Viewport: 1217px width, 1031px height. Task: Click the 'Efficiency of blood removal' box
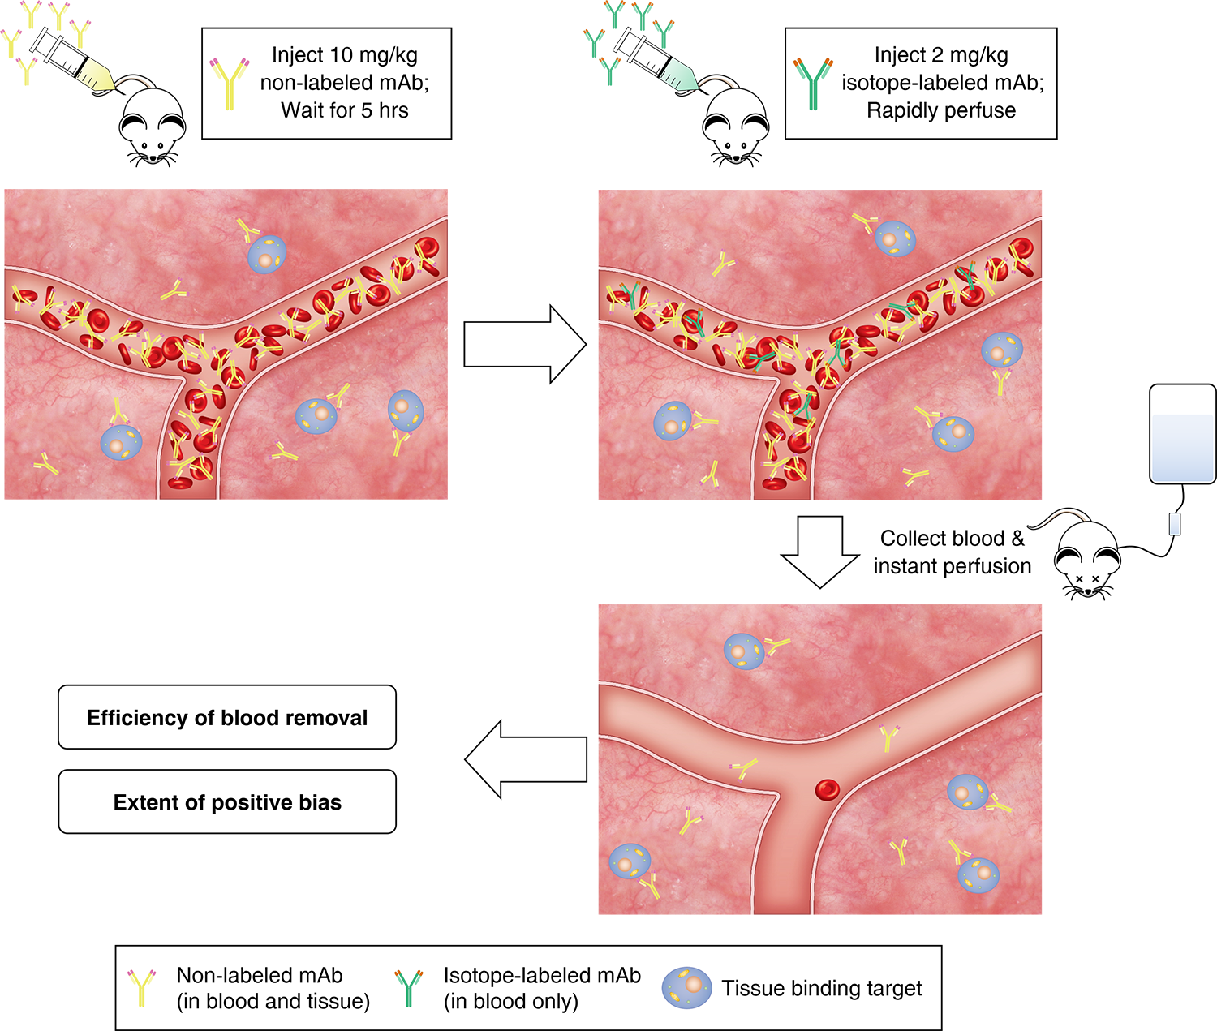227,718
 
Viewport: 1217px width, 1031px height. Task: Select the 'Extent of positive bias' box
227,802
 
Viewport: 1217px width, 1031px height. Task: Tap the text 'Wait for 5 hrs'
345,110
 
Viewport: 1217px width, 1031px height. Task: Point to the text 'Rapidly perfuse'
941,110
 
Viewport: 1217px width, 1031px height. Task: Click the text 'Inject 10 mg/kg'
345,55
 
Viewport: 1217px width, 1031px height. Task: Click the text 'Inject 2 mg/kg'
941,55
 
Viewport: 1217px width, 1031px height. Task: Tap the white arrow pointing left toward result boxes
526,759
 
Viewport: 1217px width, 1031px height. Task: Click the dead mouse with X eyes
1087,560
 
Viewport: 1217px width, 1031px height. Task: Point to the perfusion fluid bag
1182,435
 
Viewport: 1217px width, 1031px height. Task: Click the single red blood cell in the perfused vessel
827,788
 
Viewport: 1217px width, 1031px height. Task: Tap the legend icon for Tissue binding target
686,987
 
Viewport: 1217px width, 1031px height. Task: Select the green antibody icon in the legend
408,987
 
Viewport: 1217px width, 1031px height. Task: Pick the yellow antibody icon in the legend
142,987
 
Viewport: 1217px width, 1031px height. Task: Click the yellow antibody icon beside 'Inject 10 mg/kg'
229,83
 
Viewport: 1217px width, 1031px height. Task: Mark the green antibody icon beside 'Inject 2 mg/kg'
812,83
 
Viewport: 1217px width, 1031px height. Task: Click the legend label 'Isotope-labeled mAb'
542,975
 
